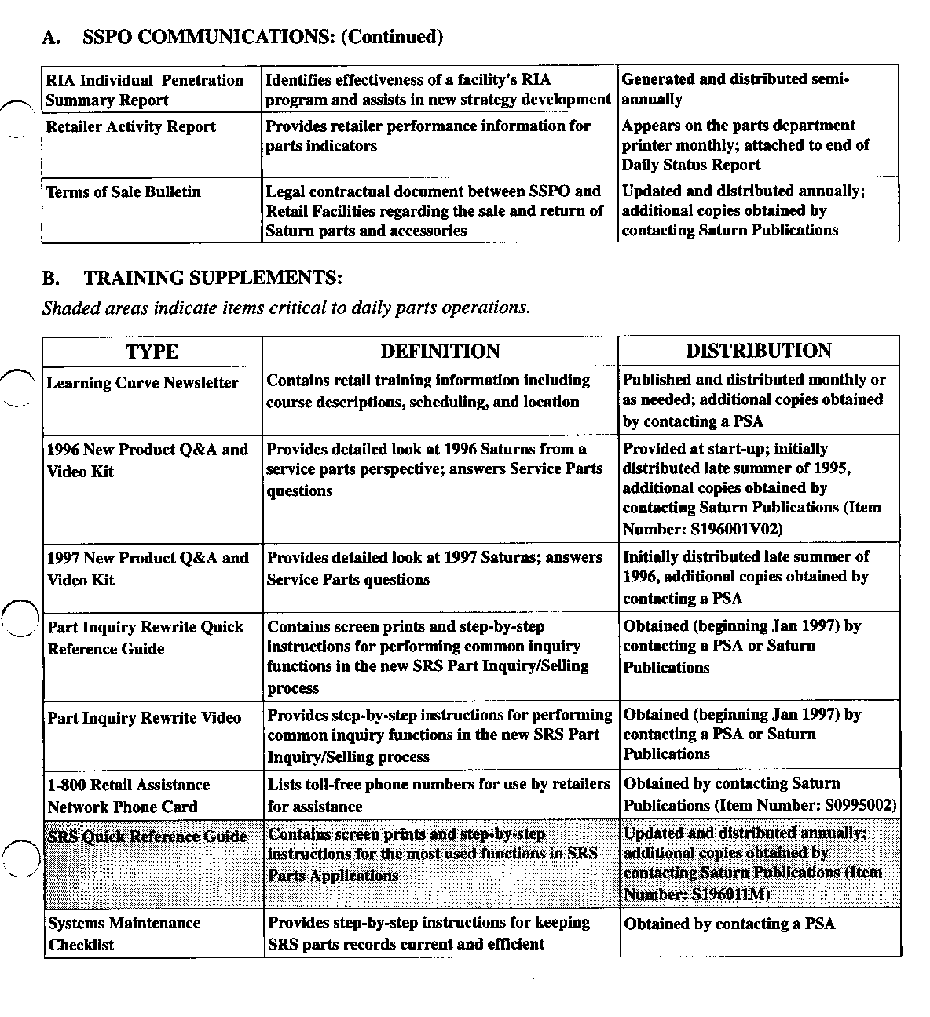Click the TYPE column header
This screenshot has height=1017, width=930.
click(x=152, y=352)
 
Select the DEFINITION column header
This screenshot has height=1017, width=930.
click(x=440, y=352)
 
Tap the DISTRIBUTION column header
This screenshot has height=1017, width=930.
click(x=758, y=351)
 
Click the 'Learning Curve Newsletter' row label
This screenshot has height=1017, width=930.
click(x=142, y=383)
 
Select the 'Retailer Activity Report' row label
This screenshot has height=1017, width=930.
click(x=130, y=127)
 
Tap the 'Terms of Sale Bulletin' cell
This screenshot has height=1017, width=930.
click(x=123, y=192)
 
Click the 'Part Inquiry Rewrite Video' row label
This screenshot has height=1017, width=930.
click(x=144, y=718)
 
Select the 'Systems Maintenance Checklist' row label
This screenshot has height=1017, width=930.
click(x=123, y=934)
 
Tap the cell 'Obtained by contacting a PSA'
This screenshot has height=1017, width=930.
click(x=729, y=924)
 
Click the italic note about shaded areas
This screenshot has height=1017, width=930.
click(x=286, y=308)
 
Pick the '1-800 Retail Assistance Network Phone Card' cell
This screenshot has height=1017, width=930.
click(x=128, y=796)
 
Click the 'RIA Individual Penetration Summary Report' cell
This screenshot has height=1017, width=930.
click(x=145, y=90)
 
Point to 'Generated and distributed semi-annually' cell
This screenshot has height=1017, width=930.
click(x=735, y=89)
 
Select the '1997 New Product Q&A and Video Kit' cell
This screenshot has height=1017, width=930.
click(x=148, y=569)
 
